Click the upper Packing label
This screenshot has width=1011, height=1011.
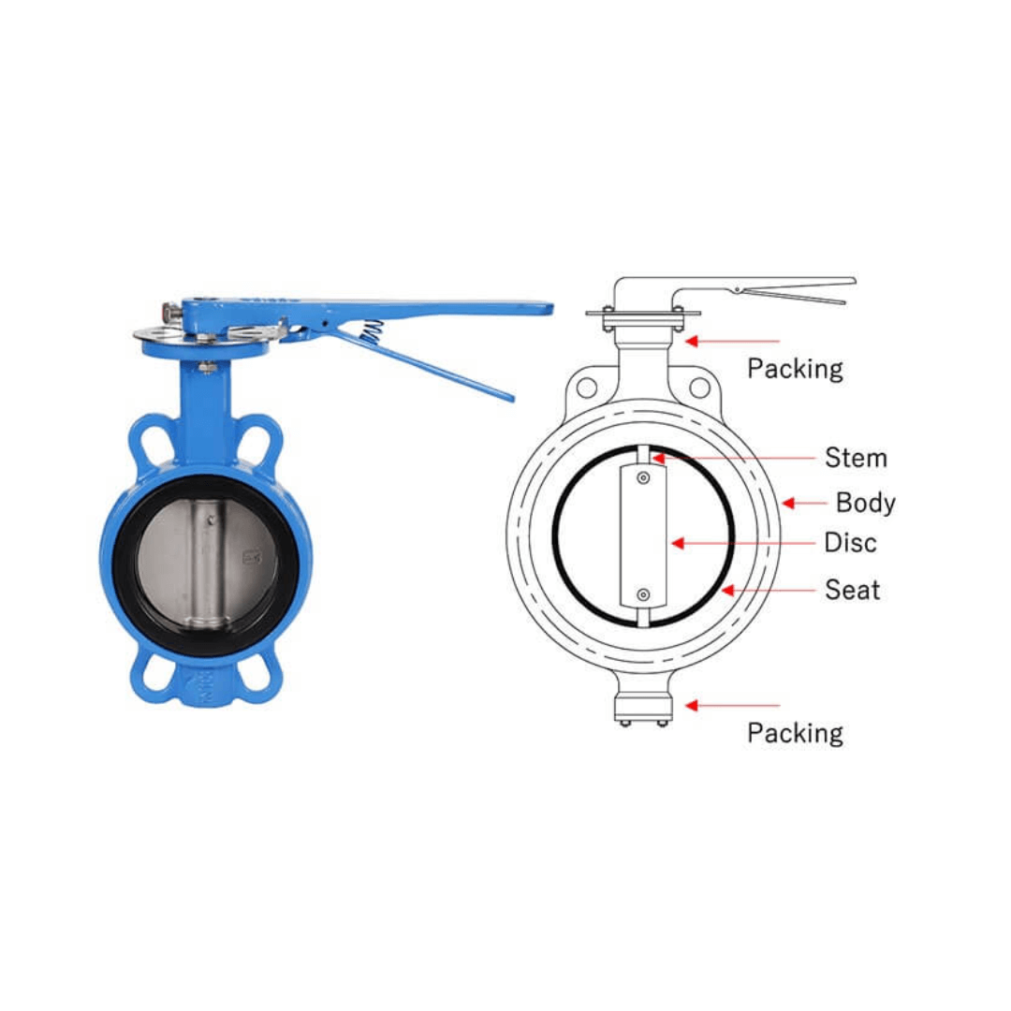795,369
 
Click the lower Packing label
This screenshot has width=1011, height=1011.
795,733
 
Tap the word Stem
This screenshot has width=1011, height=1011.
856,458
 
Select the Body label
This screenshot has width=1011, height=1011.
865,503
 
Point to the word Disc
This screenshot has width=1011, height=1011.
850,543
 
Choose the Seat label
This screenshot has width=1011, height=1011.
852,590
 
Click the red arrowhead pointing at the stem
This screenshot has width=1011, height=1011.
659,458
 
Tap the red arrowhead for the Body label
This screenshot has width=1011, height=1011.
788,503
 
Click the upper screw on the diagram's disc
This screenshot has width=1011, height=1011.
642,479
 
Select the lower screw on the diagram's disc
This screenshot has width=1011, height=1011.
642,594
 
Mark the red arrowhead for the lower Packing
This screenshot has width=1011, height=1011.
692,705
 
